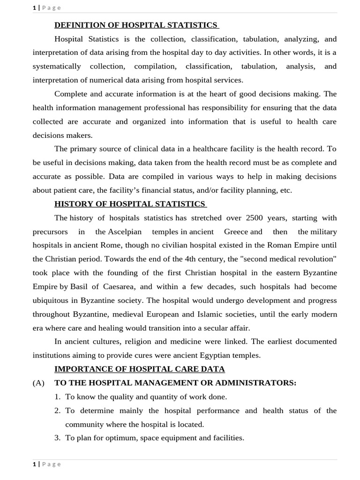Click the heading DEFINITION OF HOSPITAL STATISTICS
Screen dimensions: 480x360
point(136,25)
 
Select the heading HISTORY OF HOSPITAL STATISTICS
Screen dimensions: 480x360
point(130,204)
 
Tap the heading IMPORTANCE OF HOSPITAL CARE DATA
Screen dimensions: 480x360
point(140,369)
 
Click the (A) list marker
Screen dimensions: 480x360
point(38,383)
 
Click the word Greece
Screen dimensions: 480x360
point(236,232)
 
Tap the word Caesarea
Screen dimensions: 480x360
point(119,287)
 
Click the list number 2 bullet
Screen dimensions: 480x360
point(57,411)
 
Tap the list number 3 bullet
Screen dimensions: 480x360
point(57,438)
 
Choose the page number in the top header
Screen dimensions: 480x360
point(34,7)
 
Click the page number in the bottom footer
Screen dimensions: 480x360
point(34,464)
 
